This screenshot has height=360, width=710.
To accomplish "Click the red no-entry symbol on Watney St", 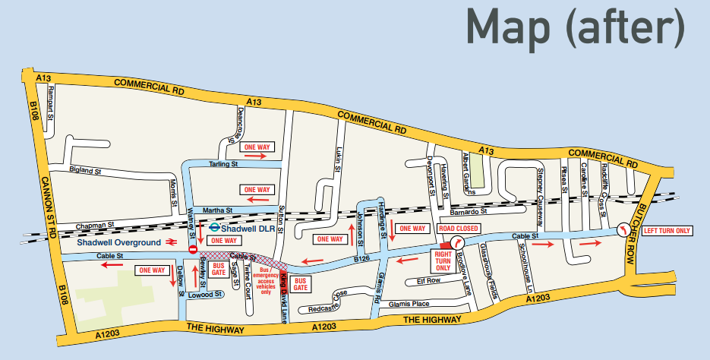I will click(193, 248).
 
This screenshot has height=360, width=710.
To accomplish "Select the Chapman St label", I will click(97, 225).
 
